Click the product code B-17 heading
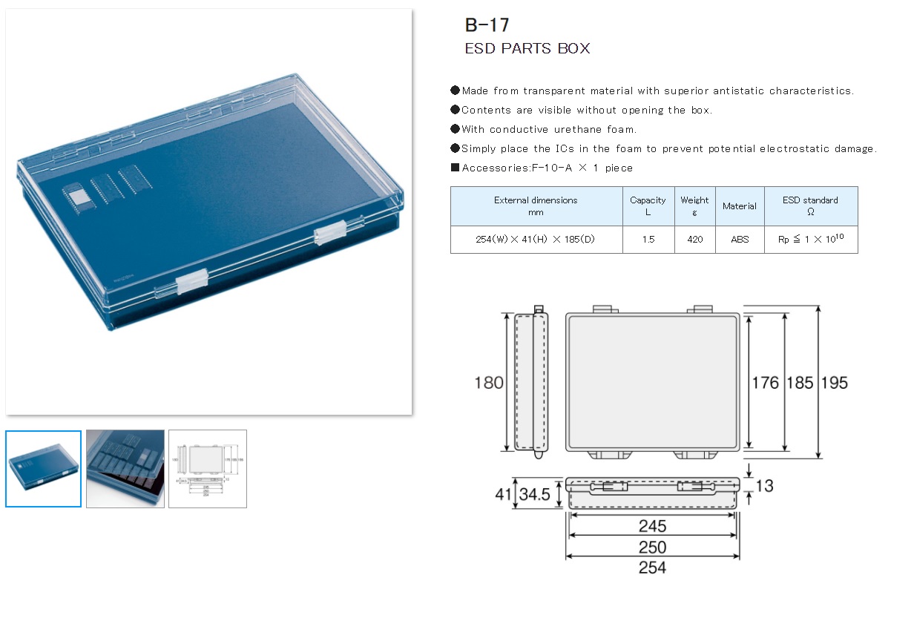(x=487, y=25)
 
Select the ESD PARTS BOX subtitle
(x=527, y=49)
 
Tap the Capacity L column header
(x=648, y=206)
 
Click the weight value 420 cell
(x=695, y=240)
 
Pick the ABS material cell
(x=740, y=240)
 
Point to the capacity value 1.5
(x=648, y=240)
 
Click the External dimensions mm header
(x=536, y=206)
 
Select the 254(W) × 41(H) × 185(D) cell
(x=536, y=240)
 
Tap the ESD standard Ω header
(x=810, y=206)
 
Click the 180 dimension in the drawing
(x=489, y=383)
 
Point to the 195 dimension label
(x=834, y=383)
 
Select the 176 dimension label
(x=765, y=383)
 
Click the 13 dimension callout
(x=764, y=486)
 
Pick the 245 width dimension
(x=653, y=526)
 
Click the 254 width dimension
(x=653, y=568)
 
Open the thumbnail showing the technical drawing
(x=208, y=469)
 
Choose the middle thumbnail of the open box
(x=125, y=469)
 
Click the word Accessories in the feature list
(x=493, y=168)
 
